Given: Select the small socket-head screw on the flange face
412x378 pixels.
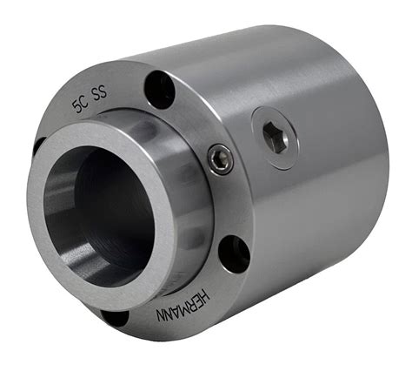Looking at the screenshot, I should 221,159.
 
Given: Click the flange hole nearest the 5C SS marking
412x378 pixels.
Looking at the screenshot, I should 160,87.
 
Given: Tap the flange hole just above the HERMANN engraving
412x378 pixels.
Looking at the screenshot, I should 233,254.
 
